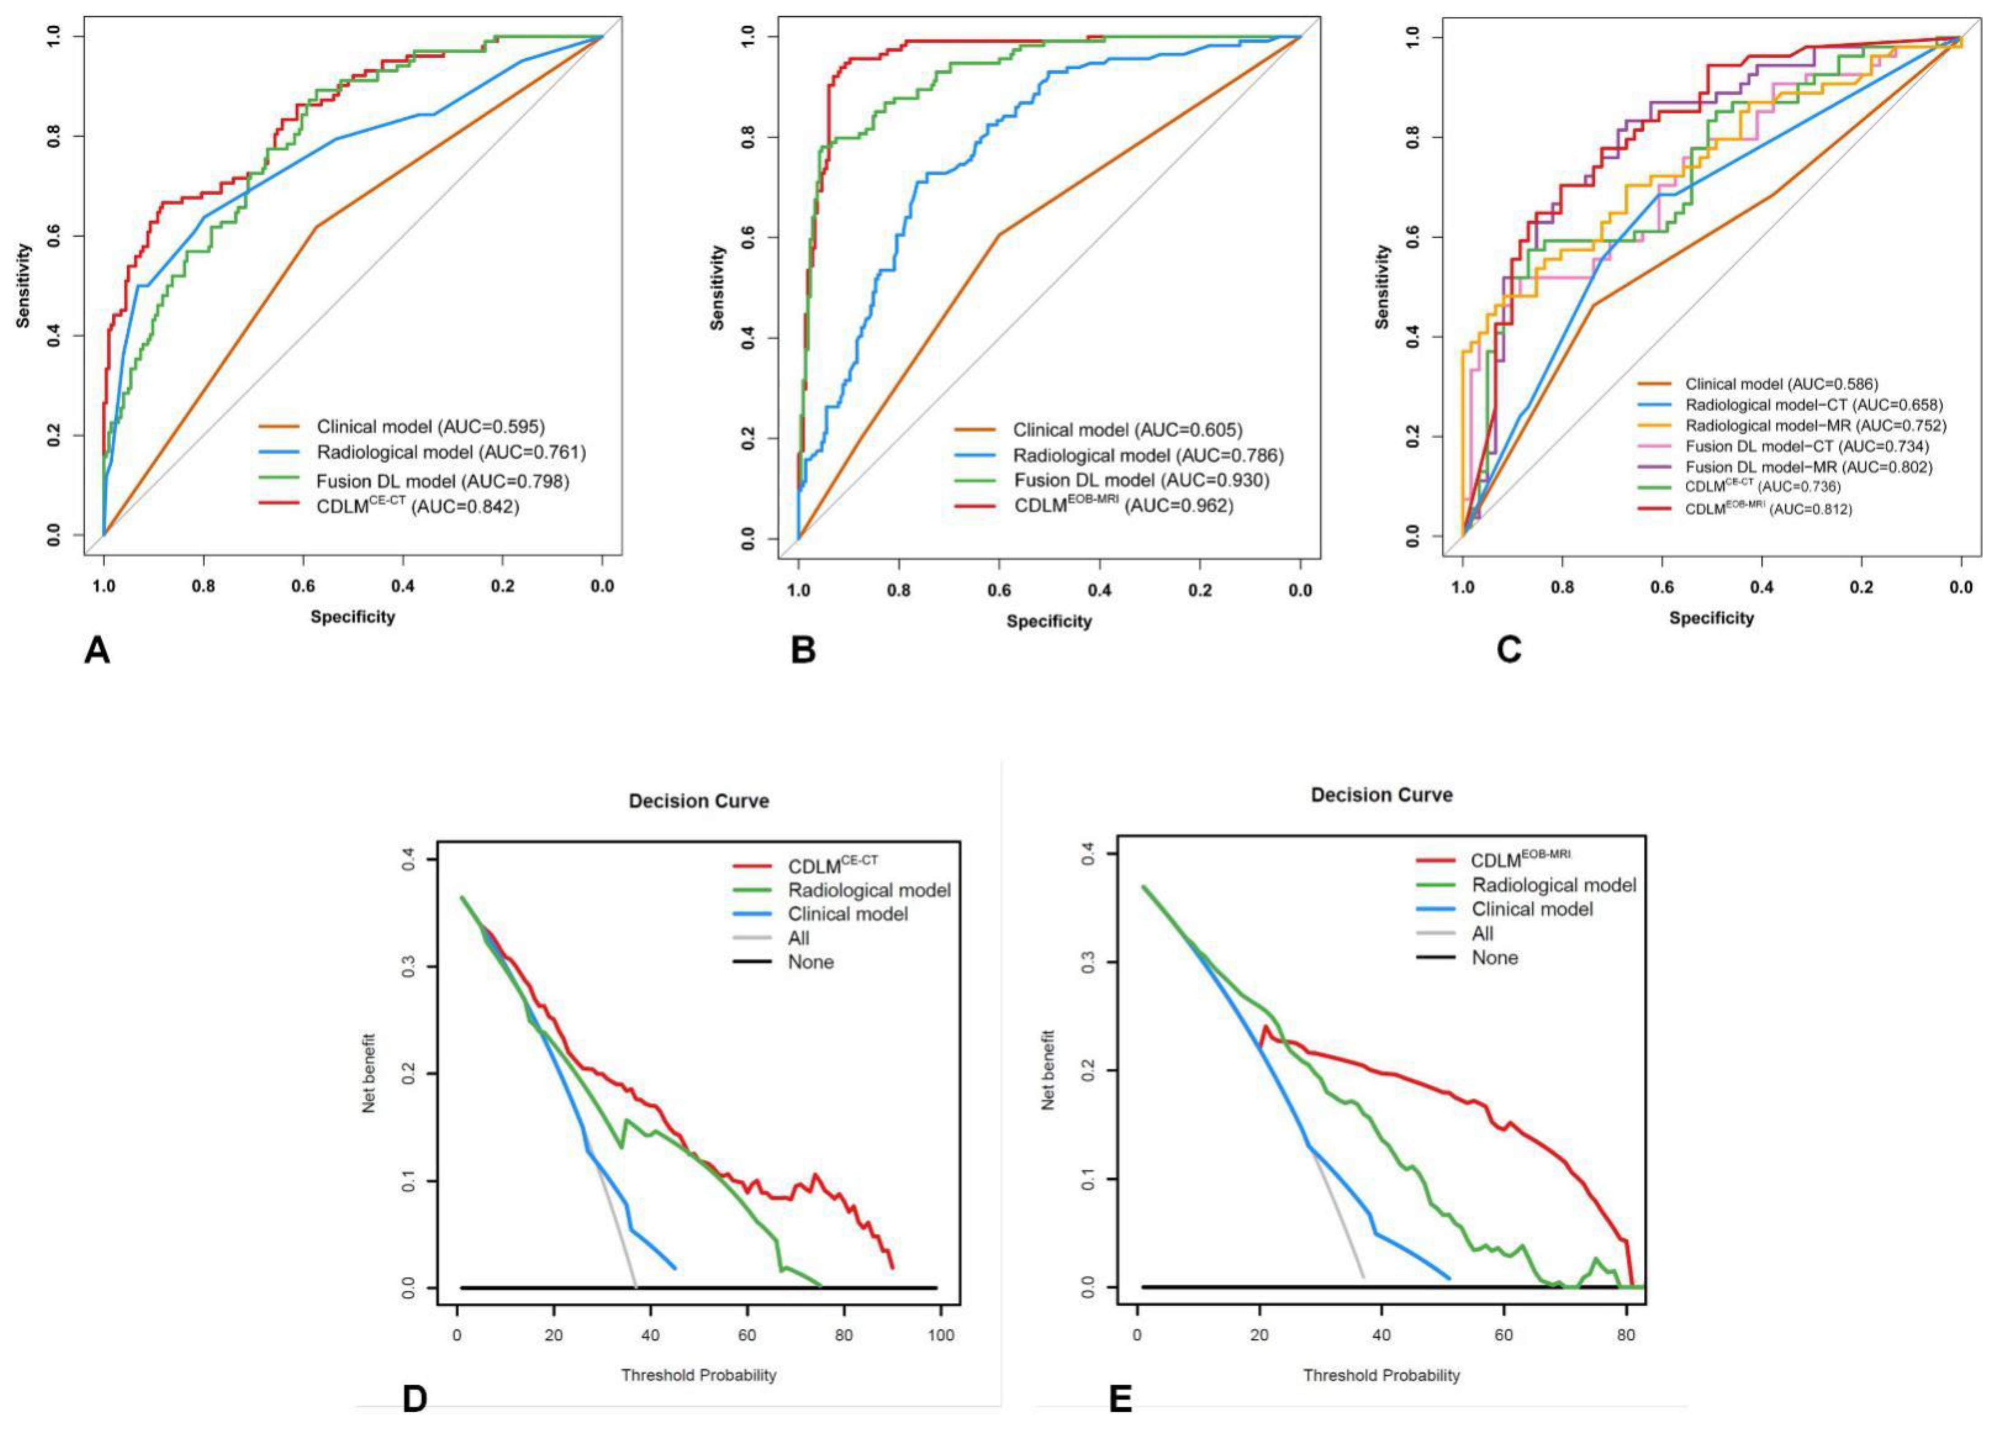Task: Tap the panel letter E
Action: point(1120,1399)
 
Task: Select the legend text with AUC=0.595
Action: point(431,427)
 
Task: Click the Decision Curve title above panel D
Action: point(698,801)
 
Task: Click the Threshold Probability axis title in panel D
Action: point(698,1375)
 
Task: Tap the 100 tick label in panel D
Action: point(940,1336)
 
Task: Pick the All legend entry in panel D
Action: point(798,938)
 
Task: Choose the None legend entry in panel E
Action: point(1494,957)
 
